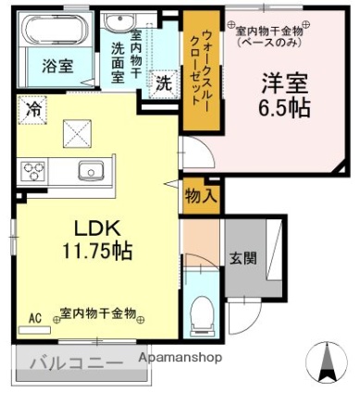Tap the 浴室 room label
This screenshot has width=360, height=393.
[57, 66]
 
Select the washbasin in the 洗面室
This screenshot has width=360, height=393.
[119, 21]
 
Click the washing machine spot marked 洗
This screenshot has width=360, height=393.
[164, 84]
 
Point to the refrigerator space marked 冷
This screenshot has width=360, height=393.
[32, 110]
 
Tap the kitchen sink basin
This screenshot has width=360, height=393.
[91, 170]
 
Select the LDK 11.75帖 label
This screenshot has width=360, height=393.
[97, 240]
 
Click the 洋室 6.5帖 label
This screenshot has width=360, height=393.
[284, 95]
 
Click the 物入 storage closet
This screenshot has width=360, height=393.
[202, 197]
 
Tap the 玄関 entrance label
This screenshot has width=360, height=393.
[243, 258]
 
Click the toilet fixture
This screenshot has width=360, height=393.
[201, 316]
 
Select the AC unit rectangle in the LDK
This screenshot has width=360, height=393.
[34, 330]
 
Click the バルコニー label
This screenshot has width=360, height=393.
[77, 363]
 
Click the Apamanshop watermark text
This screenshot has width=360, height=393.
[180, 358]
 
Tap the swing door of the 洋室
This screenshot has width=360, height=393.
[198, 153]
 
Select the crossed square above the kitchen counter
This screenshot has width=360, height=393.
[77, 133]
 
